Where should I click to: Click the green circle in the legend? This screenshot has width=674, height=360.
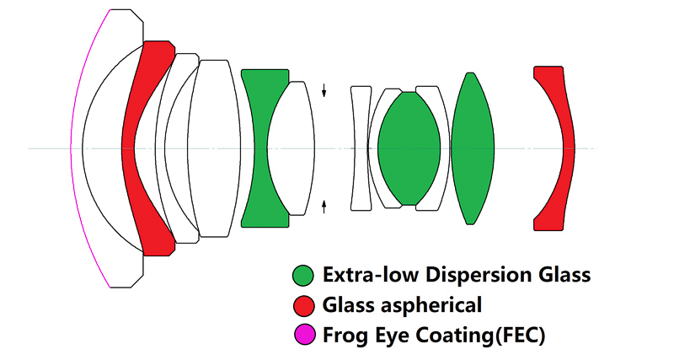tap(302, 275)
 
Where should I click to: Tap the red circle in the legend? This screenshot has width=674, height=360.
tap(302, 305)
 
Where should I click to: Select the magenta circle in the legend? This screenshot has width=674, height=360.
tap(302, 335)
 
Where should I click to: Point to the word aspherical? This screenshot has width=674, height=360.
tap(440, 305)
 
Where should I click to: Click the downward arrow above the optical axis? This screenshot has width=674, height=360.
tap(324, 90)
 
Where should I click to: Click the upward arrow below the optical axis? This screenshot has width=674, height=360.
tap(324, 206)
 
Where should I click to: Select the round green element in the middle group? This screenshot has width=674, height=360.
tap(409, 148)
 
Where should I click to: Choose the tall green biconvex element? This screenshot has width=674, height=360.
tap(471, 148)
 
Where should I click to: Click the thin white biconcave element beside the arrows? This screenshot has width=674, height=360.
tap(361, 148)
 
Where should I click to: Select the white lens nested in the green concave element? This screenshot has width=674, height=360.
tap(292, 148)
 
